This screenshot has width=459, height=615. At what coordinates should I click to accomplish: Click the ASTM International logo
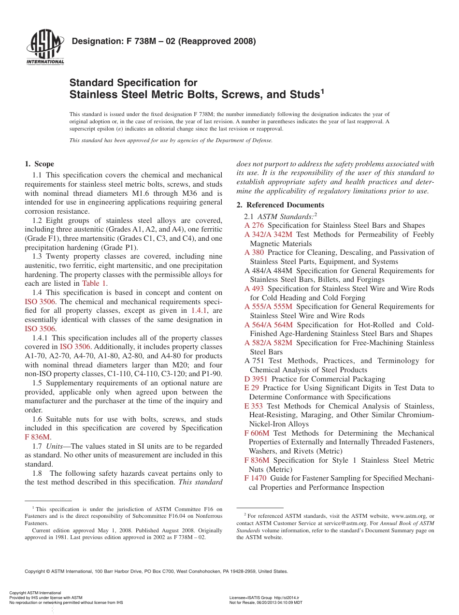tap(45, 48)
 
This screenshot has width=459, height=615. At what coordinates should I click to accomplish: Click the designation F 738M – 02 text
tap(163, 41)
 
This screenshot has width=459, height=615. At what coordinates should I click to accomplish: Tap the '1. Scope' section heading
tap(39, 164)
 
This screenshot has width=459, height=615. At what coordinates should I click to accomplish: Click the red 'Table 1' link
tap(94, 284)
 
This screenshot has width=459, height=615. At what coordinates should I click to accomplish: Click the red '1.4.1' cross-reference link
tap(200, 310)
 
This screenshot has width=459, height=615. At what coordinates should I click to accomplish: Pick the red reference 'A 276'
tap(254, 225)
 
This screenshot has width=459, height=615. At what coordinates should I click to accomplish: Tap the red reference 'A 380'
tap(254, 252)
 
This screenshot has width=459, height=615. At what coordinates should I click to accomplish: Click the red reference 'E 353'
tap(254, 406)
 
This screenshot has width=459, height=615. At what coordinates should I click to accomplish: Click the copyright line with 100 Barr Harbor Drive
tap(156, 571)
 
